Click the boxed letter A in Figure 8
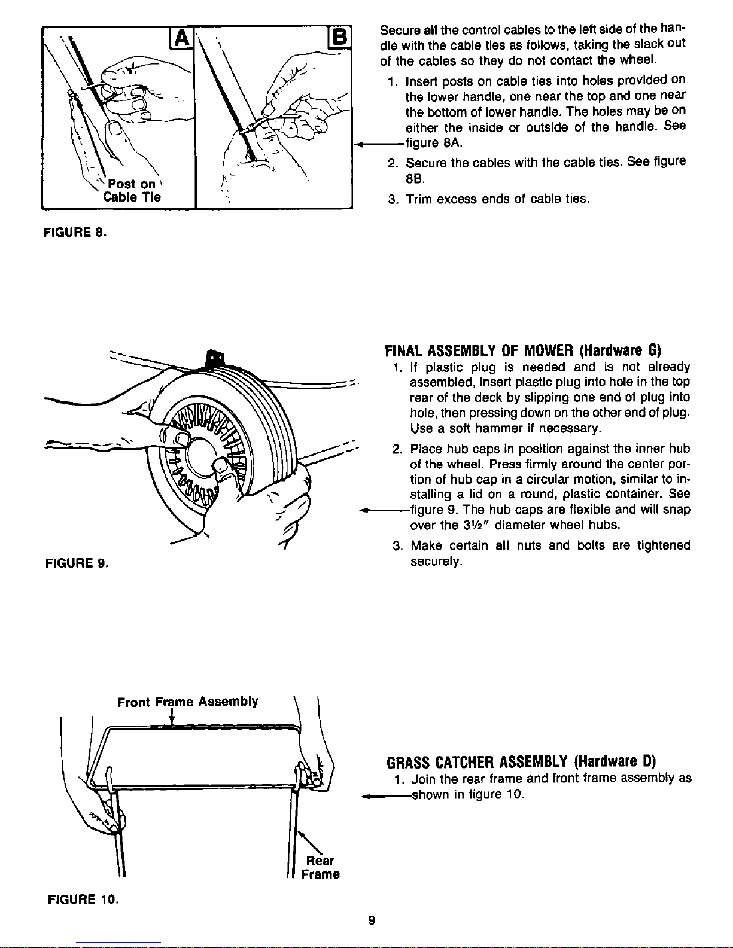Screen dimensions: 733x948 (181, 38)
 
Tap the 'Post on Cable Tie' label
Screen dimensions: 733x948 (132, 190)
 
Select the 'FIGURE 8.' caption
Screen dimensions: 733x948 (75, 232)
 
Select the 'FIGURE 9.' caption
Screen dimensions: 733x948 (77, 563)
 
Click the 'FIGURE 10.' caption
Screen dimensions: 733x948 (83, 899)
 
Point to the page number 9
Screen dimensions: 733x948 (372, 920)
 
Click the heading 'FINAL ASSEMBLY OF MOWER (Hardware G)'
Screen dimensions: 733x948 (523, 350)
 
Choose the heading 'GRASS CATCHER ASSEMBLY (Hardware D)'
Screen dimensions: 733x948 (521, 762)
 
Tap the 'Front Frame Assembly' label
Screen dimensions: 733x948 (188, 702)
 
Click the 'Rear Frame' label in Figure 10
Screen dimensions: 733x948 (320, 867)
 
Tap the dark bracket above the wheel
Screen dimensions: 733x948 (215, 359)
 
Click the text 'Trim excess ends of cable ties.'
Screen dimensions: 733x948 (498, 199)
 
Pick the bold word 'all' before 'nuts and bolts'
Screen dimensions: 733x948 (503, 545)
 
